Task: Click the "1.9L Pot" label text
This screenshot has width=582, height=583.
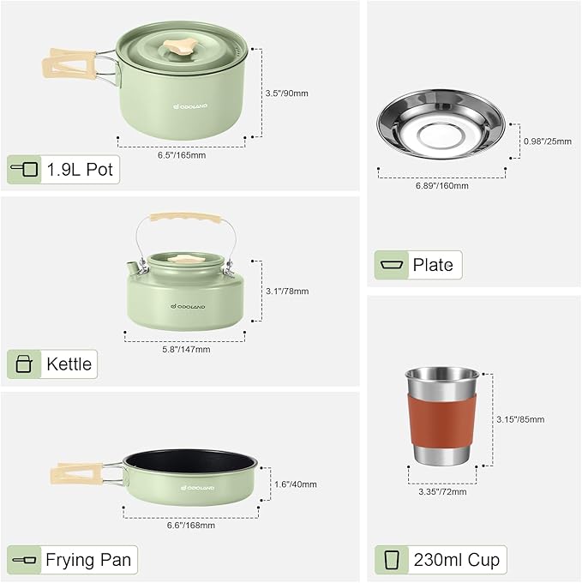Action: (80, 169)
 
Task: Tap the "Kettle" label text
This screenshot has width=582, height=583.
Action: (69, 364)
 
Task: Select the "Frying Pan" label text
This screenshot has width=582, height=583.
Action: (89, 561)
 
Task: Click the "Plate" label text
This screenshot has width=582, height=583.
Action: (433, 265)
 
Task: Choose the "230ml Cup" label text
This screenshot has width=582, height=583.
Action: (456, 560)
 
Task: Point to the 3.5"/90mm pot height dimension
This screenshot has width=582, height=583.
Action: (286, 92)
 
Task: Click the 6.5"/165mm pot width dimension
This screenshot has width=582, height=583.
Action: (182, 155)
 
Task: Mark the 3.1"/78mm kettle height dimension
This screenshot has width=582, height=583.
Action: (287, 291)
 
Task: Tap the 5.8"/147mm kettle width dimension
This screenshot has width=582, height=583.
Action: (186, 349)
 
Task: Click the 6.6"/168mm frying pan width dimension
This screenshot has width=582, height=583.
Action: (190, 525)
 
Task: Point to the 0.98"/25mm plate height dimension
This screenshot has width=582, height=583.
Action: (547, 141)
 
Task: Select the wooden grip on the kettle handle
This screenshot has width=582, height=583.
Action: (182, 219)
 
